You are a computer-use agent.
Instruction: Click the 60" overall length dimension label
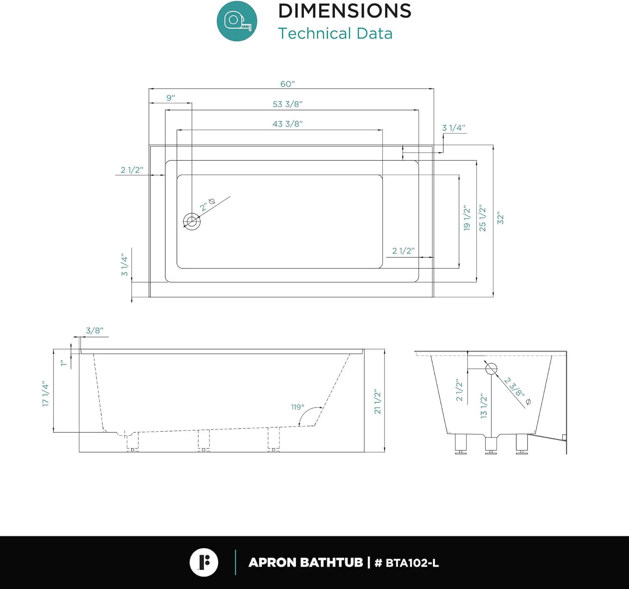tap(287, 84)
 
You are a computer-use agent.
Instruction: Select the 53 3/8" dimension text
tap(287, 104)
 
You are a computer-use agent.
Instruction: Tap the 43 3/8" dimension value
tap(287, 124)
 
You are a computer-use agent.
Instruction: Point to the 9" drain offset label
tap(171, 98)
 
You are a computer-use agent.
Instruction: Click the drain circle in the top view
tap(192, 221)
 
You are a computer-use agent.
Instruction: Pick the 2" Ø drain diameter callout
tap(208, 205)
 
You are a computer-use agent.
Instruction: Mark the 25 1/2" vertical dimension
tap(483, 218)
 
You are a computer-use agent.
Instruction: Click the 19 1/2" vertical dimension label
tap(467, 218)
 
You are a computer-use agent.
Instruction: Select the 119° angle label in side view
tap(297, 407)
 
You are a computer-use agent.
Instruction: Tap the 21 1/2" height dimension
tap(378, 402)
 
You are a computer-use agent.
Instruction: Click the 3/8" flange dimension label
tap(94, 331)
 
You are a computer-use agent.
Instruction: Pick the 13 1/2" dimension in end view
tap(484, 406)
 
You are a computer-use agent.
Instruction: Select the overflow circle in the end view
tap(491, 369)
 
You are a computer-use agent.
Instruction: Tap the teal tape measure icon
tap(237, 21)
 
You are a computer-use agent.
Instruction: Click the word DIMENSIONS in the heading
tap(345, 11)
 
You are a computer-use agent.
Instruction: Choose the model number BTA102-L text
tap(412, 563)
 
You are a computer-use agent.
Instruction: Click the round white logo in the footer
tap(204, 562)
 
